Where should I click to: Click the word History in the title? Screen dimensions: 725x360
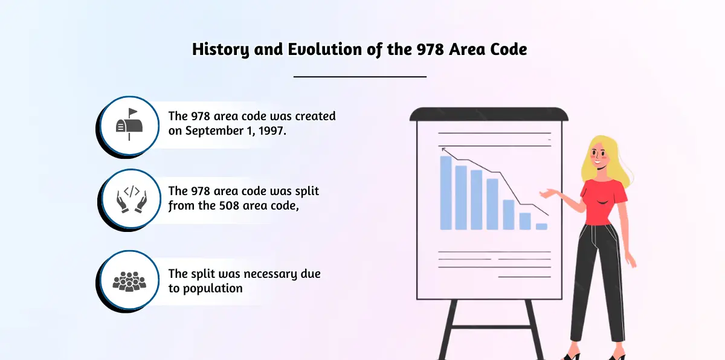(x=221, y=50)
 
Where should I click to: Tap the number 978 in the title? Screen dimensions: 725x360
(x=430, y=50)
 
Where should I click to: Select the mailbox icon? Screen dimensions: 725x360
(x=129, y=124)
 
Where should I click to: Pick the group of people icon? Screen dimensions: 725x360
(x=129, y=281)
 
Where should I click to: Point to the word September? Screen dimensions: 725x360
(x=214, y=131)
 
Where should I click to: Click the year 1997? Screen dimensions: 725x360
(x=272, y=131)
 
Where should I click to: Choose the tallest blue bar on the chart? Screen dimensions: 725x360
(x=446, y=193)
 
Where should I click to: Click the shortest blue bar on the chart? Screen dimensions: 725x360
(x=541, y=227)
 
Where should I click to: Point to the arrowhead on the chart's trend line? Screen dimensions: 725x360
(x=443, y=149)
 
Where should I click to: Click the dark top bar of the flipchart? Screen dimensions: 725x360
(x=489, y=114)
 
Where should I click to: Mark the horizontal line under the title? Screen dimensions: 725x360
(x=360, y=77)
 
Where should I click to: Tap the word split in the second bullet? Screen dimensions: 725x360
(x=307, y=191)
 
